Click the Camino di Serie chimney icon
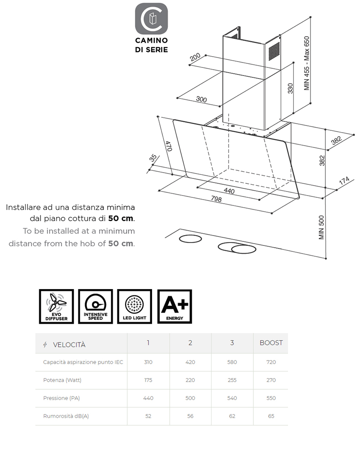(x=152, y=19)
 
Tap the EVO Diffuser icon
(x=56, y=307)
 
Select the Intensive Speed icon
(x=95, y=307)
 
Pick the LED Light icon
(x=135, y=307)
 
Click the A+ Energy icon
(x=175, y=307)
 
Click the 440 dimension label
(x=229, y=191)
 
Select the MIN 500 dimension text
(x=321, y=227)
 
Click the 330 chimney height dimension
(x=290, y=88)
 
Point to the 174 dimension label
(x=344, y=181)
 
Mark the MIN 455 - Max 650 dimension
(x=307, y=63)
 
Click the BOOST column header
(x=271, y=343)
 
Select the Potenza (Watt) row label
(x=62, y=380)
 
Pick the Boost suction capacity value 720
(x=271, y=362)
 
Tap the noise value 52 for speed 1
(x=148, y=416)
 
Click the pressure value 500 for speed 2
(x=190, y=398)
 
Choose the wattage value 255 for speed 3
(x=232, y=380)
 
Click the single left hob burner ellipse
(x=190, y=239)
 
